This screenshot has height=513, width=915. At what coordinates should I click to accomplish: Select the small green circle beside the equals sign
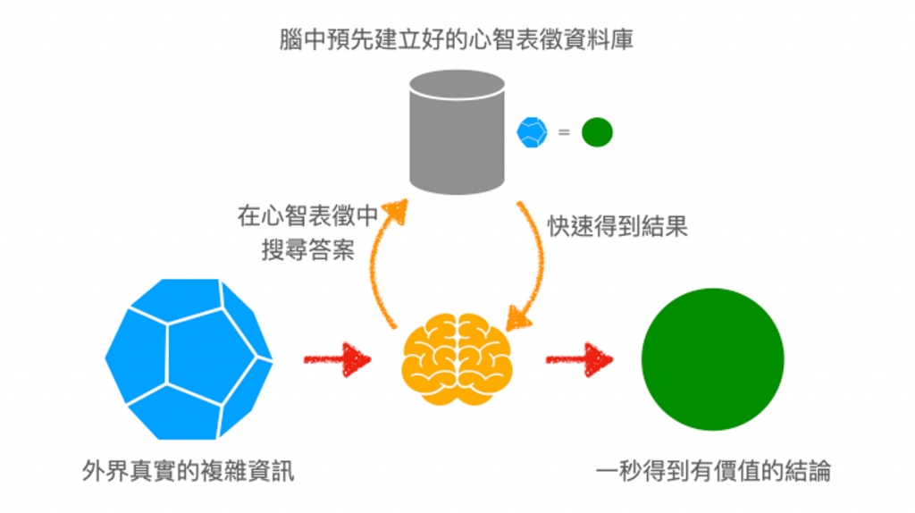point(597,133)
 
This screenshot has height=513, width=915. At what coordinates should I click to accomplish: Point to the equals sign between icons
point(564,133)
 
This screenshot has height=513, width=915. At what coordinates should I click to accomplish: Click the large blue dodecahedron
point(189,359)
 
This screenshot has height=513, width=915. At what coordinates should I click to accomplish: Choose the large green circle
point(712,359)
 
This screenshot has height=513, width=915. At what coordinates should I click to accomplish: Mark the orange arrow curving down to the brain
point(533,268)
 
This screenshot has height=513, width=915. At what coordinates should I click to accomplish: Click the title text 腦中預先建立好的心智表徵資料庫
point(457,40)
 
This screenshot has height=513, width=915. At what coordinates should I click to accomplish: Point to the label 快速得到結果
point(617,225)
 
